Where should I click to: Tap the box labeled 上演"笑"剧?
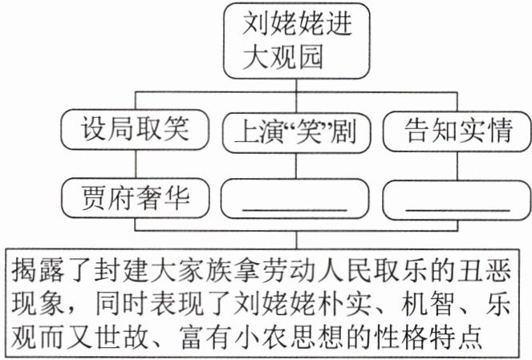pos(294,128)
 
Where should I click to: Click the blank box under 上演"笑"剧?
pos(294,196)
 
